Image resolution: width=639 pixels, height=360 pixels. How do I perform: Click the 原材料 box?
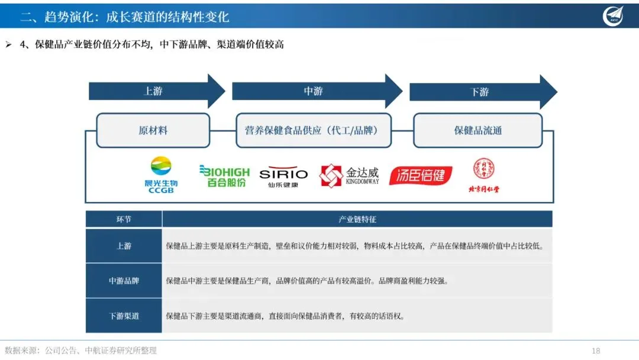tap(153, 130)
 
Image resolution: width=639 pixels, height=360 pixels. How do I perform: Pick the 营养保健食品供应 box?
tap(314, 130)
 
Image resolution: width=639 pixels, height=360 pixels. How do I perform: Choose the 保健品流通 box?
tap(477, 130)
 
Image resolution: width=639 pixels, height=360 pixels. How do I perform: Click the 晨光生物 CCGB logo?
tap(161, 175)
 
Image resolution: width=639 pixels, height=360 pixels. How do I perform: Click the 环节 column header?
tap(124, 219)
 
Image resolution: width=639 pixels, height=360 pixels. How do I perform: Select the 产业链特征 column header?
tap(357, 219)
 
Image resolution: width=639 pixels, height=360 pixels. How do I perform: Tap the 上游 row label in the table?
tap(124, 246)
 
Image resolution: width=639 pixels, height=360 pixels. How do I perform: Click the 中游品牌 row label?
tap(124, 281)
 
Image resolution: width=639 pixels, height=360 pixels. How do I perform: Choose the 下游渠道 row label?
tap(124, 316)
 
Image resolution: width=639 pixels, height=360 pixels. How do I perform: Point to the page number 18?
tap(595, 351)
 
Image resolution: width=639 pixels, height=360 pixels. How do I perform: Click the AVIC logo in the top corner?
tap(614, 16)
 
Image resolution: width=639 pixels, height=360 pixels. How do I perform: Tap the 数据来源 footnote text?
tap(80, 351)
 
